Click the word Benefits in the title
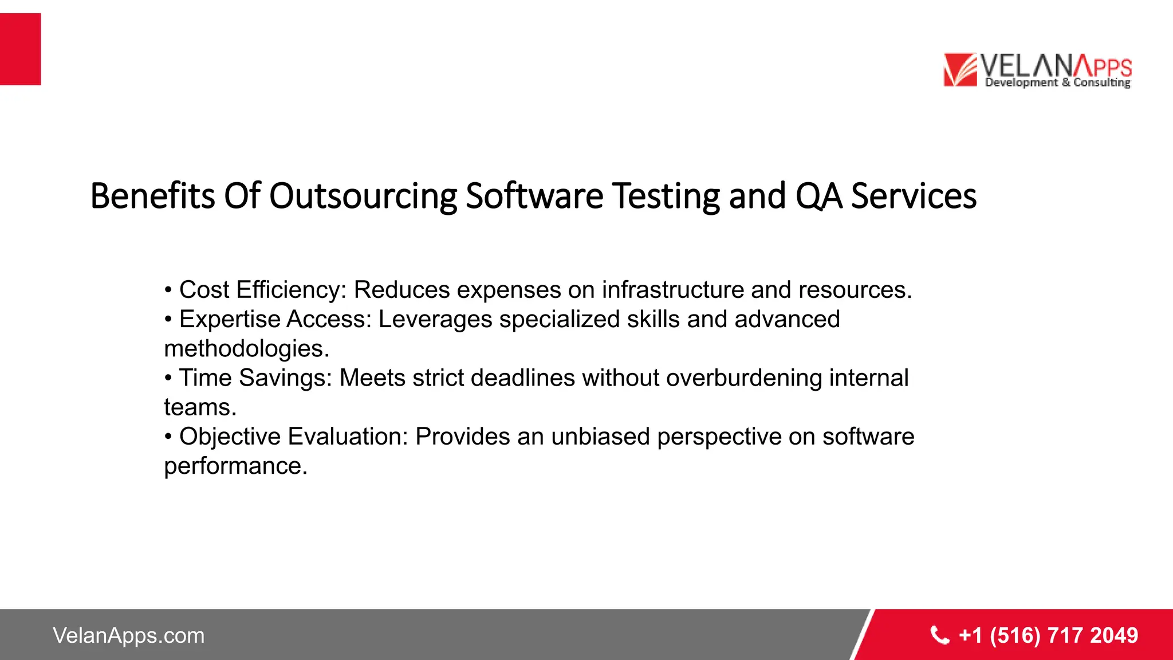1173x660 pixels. (152, 196)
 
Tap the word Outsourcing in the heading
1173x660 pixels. (363, 196)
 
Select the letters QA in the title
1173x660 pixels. (818, 196)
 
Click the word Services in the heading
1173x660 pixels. (914, 196)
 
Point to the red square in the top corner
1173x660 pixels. (20, 49)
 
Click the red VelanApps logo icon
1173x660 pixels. (960, 70)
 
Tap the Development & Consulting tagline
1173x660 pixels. (1057, 82)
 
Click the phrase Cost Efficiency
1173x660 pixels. (261, 290)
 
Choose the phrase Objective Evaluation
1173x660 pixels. (292, 437)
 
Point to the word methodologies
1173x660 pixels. (246, 349)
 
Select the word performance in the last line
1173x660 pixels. (235, 466)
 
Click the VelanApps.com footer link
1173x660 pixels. (128, 635)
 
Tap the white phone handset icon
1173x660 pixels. (939, 635)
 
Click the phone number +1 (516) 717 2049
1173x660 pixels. (1048, 635)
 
